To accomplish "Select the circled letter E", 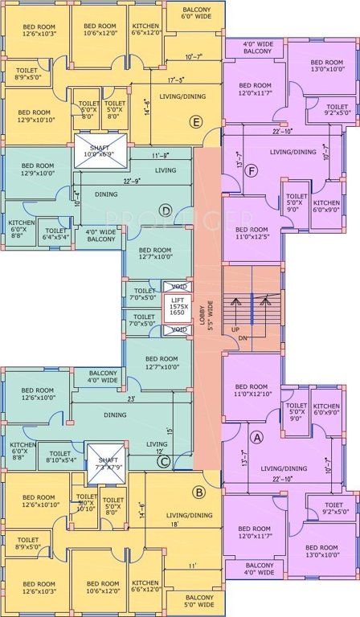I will coord(195,122).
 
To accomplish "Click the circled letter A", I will coord(256,437).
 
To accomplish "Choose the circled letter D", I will coord(166,210).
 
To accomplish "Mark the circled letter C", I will coord(164,460).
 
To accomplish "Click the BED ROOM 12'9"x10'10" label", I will coord(35,116).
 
